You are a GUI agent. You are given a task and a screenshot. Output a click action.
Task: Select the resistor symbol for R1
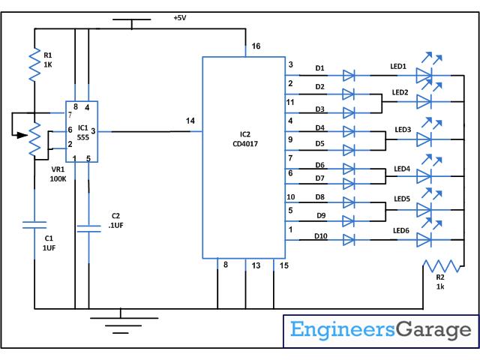[x=34, y=66]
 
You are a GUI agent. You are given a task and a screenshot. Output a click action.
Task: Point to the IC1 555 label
[x=82, y=132]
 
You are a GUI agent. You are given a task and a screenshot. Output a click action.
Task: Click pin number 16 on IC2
[x=256, y=47]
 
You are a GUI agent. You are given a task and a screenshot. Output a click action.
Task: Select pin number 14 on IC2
[x=190, y=121]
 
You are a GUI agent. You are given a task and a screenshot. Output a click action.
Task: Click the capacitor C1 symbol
[x=34, y=224]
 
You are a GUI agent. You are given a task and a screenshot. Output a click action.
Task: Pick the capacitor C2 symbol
[x=88, y=226]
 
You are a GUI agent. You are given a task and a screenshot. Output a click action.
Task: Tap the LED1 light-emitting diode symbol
[x=424, y=75]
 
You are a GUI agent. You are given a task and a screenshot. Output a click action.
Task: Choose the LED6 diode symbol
[x=424, y=239]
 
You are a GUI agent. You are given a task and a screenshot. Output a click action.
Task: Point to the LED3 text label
[x=403, y=130]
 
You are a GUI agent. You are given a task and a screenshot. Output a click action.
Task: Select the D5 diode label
[x=319, y=143]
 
